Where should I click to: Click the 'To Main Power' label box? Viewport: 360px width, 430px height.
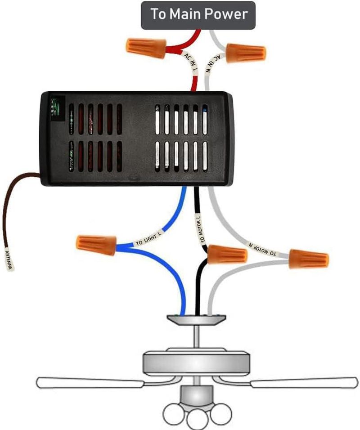198,15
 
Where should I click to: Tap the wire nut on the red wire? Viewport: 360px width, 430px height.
146,49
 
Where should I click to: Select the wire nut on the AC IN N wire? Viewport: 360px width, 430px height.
246,53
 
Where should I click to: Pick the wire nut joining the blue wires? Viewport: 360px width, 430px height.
96,245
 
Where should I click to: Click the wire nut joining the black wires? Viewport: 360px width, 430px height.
227,254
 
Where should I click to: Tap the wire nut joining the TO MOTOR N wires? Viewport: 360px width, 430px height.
309,259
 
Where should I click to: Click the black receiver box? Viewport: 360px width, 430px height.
137,139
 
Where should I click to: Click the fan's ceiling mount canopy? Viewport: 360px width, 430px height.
196,319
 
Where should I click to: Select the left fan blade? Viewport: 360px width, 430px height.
90,383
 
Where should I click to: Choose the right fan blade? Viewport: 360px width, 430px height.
305,383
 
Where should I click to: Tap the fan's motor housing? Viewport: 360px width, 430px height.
196,362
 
